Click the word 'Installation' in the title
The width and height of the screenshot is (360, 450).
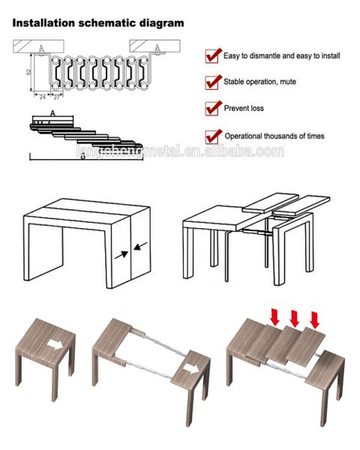[42, 23]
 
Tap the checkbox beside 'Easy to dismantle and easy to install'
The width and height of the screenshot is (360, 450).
[212, 55]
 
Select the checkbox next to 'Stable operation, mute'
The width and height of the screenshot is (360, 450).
[212, 82]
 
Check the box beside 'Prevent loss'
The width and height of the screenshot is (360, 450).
[212, 108]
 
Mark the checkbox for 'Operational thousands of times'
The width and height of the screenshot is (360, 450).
[212, 136]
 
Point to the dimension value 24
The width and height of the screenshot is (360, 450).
[42, 97]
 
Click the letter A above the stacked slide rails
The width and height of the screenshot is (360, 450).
[52, 112]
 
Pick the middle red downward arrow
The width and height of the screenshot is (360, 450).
[294, 318]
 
